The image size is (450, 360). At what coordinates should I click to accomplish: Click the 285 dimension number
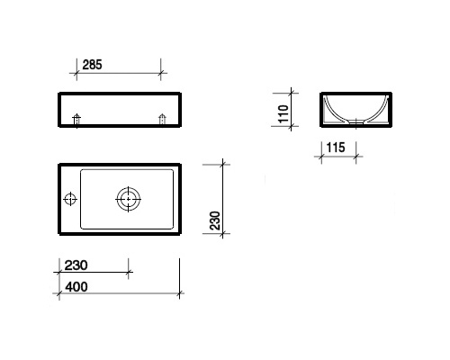[92, 65]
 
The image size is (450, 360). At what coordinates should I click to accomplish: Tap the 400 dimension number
[76, 287]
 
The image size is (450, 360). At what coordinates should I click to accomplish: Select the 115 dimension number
[336, 148]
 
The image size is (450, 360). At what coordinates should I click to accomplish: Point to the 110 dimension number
[283, 113]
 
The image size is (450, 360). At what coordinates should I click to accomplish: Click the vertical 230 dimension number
[215, 220]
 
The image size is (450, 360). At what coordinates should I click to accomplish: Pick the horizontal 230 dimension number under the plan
[76, 265]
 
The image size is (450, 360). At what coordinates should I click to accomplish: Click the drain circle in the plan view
[129, 199]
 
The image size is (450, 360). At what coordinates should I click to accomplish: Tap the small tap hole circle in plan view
[70, 199]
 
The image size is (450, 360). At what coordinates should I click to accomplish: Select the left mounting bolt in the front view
[76, 120]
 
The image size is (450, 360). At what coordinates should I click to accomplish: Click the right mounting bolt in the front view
[162, 120]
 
